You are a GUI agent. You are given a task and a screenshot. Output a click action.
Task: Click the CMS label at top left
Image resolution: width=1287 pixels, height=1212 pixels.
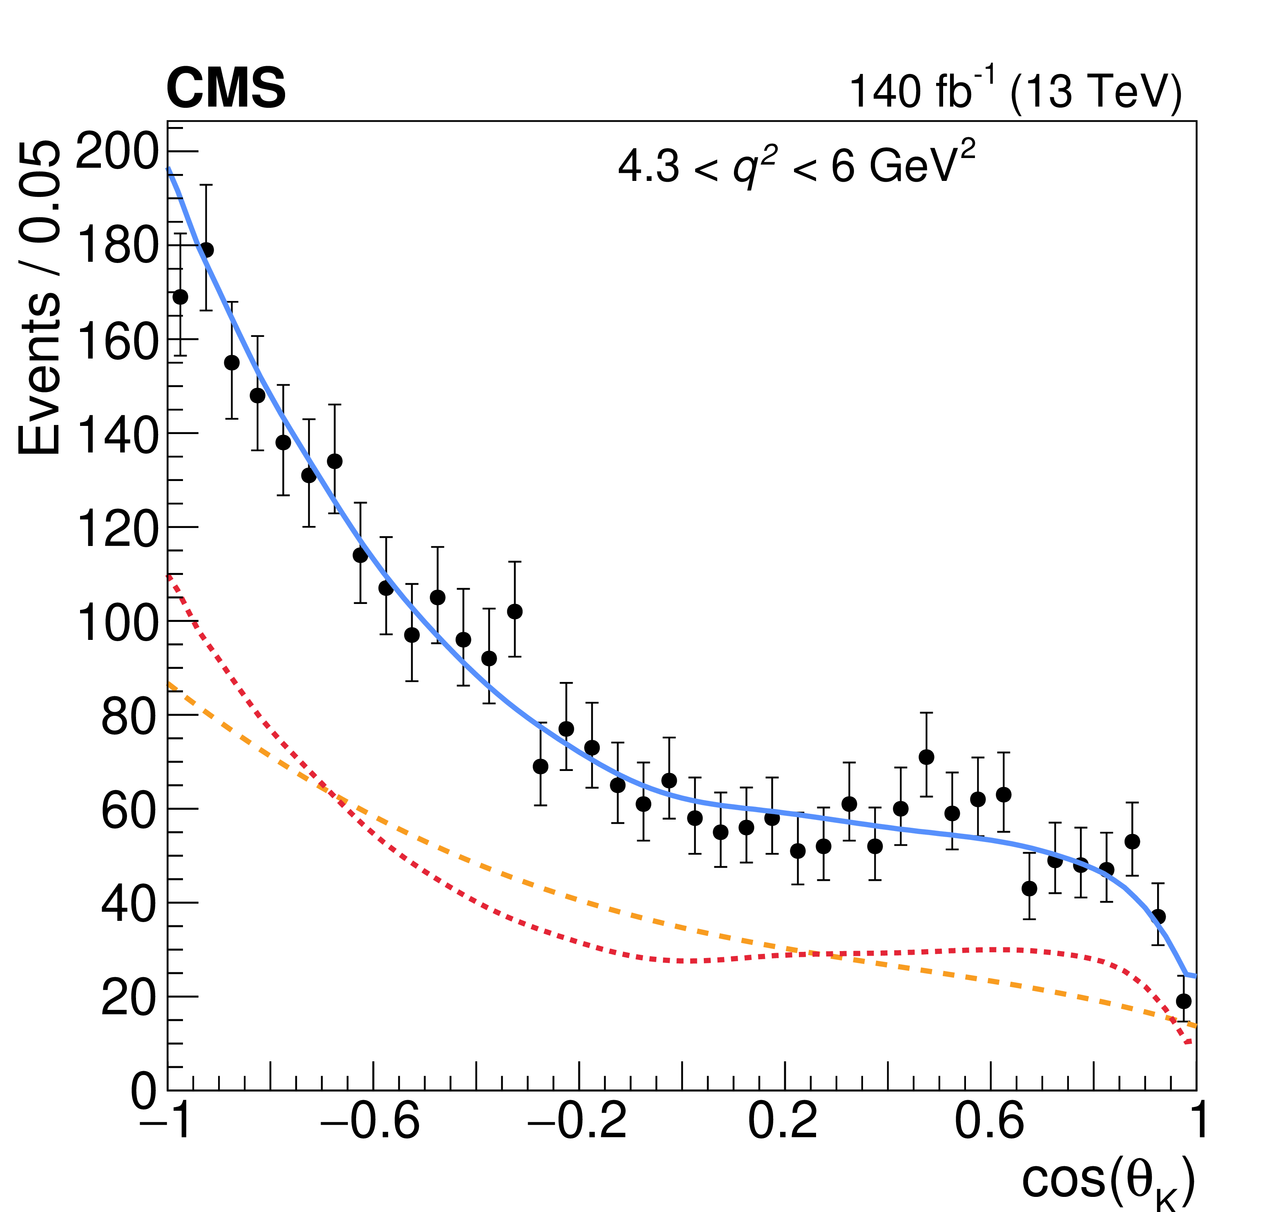(x=226, y=89)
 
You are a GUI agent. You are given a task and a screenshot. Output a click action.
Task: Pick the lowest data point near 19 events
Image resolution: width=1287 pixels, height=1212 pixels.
(x=1183, y=1001)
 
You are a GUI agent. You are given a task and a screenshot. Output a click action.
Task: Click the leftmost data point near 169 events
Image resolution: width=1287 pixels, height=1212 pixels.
(x=181, y=297)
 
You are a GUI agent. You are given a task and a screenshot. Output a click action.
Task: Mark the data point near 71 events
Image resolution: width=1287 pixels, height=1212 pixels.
(x=926, y=757)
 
